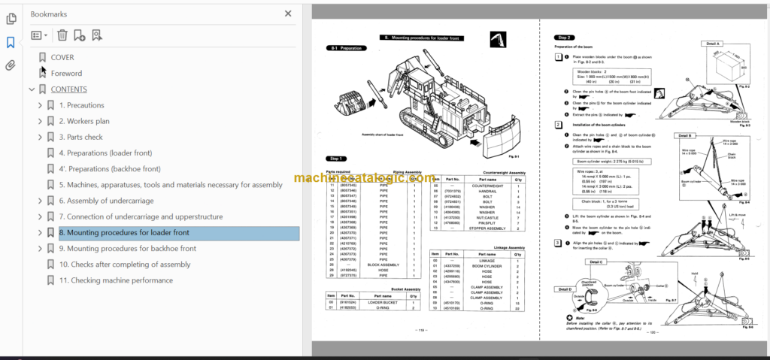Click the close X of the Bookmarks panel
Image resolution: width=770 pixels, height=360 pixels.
coord(288,14)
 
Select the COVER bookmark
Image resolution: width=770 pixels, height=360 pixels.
coord(62,57)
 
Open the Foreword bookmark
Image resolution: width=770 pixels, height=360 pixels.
coord(66,73)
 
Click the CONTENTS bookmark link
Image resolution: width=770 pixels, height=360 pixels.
coord(68,89)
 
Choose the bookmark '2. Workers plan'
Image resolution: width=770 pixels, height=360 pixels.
coord(84,121)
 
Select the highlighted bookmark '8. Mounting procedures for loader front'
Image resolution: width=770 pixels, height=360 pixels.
coord(124,233)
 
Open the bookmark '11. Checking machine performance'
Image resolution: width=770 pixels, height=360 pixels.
coord(116,280)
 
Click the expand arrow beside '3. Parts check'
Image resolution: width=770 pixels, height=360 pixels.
coord(40,138)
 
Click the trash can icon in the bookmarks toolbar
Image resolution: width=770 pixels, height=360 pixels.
coord(62,35)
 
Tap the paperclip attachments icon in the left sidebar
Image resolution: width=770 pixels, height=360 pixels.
coord(11,65)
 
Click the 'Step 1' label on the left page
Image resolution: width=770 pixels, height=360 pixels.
coord(335,159)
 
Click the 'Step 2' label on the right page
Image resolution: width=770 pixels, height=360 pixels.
coord(564,37)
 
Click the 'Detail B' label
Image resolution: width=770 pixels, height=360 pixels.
coord(684,136)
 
